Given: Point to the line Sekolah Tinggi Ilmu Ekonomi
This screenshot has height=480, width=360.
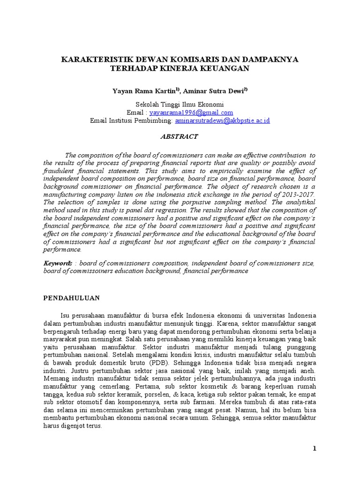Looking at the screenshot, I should point(180,105).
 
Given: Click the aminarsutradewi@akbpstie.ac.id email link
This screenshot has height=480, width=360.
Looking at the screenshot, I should point(223,120).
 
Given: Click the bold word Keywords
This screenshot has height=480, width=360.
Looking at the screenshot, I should point(58,263).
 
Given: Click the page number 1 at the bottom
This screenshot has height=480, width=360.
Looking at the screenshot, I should point(315,449).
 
